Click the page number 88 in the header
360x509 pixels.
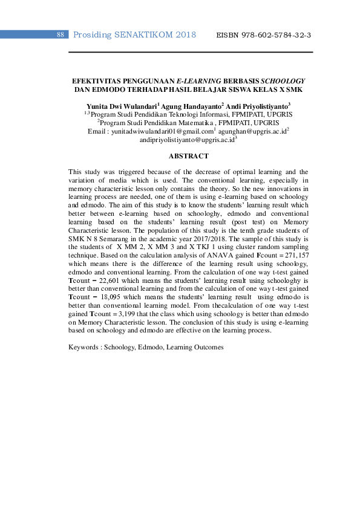click(x=61, y=35)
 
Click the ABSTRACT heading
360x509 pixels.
click(x=188, y=155)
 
